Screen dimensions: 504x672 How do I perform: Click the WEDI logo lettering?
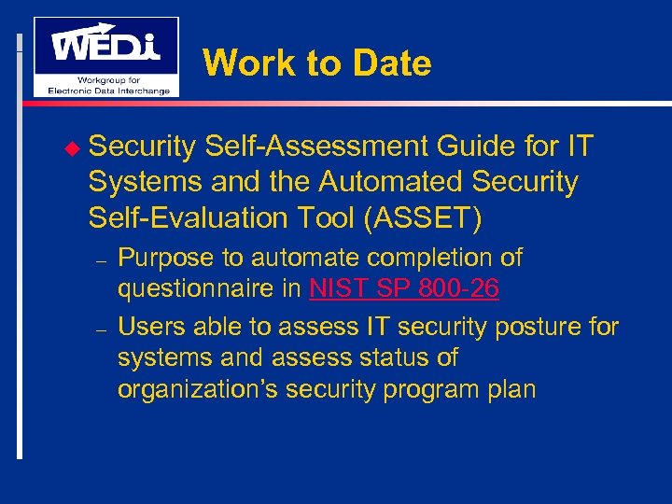click(105, 45)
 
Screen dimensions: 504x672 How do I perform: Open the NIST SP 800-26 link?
click(404, 289)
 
